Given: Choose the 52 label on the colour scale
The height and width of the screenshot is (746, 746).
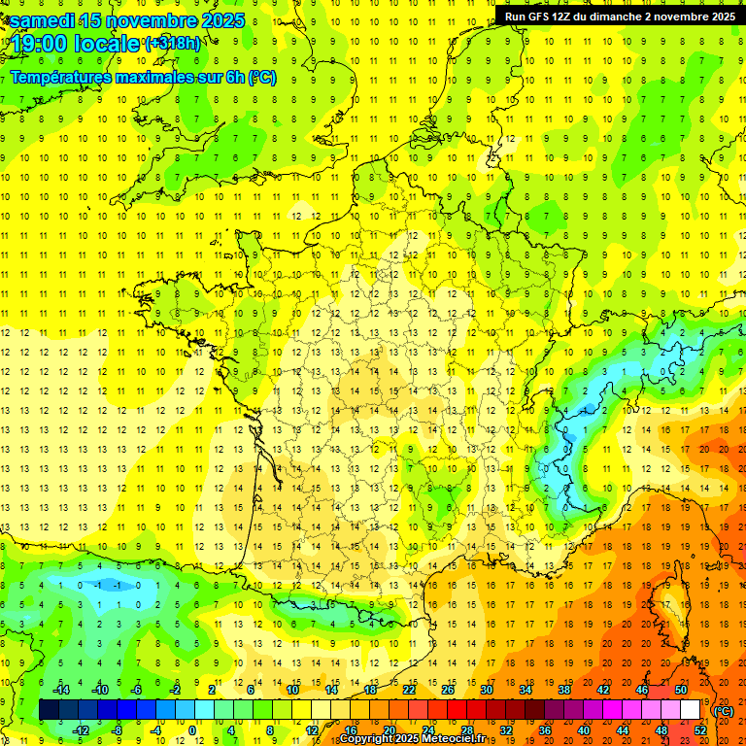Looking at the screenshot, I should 699,730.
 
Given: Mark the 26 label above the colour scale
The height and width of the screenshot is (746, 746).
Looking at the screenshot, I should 448,690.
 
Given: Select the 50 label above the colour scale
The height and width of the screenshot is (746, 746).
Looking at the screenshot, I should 681,690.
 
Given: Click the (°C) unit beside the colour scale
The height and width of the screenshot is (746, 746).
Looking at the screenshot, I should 724,710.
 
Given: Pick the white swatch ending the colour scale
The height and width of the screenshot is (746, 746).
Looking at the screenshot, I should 690,710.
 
